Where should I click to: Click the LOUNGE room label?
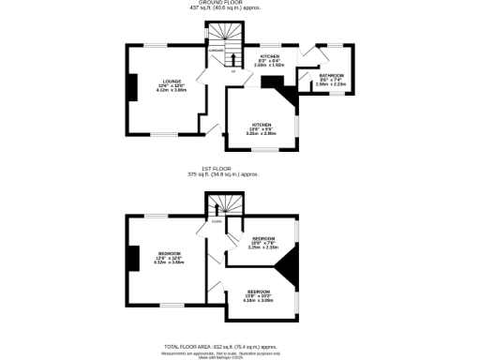(x=171, y=82)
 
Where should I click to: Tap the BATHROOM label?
(x=331, y=75)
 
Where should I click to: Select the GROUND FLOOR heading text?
(x=239, y=3)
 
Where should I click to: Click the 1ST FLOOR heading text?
(x=239, y=170)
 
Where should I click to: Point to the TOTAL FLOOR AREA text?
(x=239, y=346)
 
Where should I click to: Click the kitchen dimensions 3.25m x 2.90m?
(x=261, y=134)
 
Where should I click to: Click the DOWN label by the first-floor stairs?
(x=216, y=222)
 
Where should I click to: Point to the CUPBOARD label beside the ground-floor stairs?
(x=215, y=52)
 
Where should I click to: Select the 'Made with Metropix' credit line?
(x=239, y=356)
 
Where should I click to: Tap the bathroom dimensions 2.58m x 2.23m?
(x=331, y=83)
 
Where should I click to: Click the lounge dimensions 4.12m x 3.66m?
(x=171, y=90)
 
